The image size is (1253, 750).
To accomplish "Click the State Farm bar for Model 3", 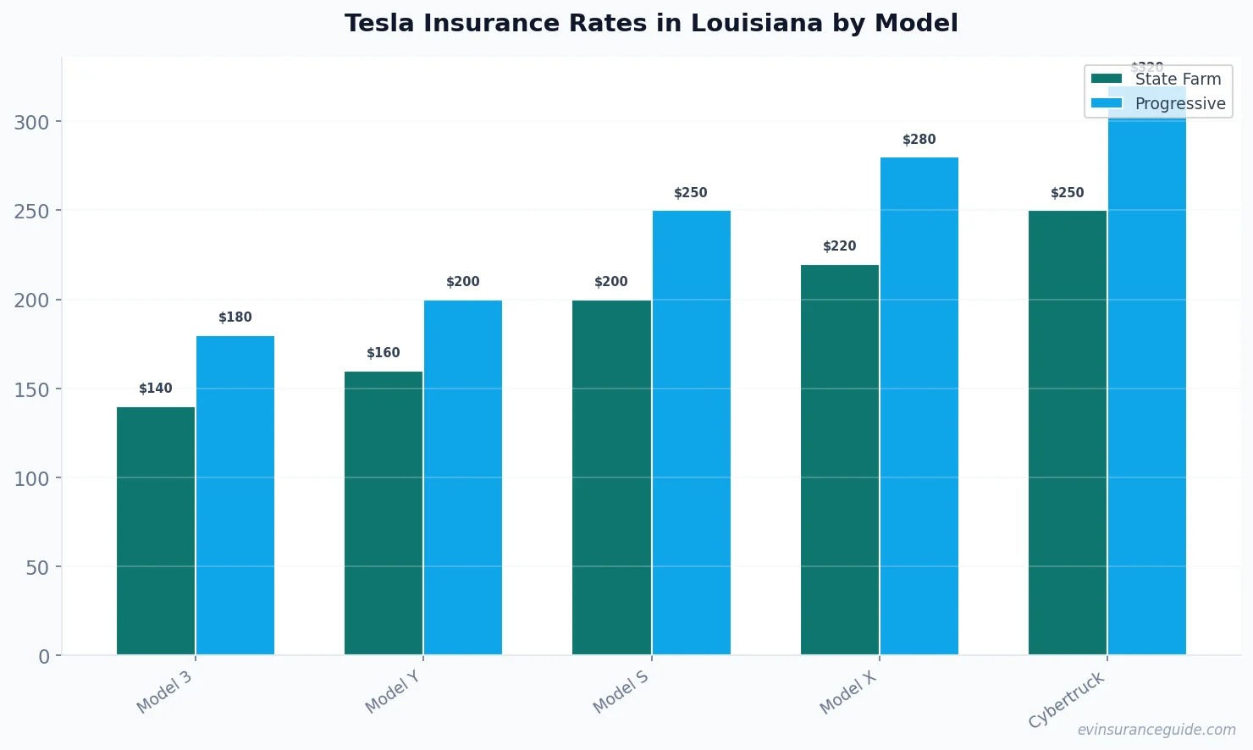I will point(156,531).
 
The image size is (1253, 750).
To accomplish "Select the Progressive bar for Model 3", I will point(235,495).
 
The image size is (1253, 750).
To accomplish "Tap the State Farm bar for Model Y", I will point(384,513).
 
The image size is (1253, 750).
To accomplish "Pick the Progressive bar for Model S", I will point(691,433).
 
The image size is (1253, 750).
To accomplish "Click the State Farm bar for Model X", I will point(840,460).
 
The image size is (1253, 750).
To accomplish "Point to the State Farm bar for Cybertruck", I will point(1068,433).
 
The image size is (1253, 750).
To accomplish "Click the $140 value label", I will point(156,389).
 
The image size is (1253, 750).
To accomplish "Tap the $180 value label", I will point(235,317).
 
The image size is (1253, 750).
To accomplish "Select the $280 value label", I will point(919,140).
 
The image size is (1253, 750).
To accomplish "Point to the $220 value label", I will point(840,246).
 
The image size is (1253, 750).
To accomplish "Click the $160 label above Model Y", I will point(384,353).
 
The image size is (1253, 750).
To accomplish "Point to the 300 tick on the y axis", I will point(31,123).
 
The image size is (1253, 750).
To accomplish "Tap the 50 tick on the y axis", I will point(37,568).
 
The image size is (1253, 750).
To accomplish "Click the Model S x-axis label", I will point(621,692).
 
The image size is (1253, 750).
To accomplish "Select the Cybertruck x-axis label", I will point(1067,700).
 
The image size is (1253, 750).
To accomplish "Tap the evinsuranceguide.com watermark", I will point(1156,730).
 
